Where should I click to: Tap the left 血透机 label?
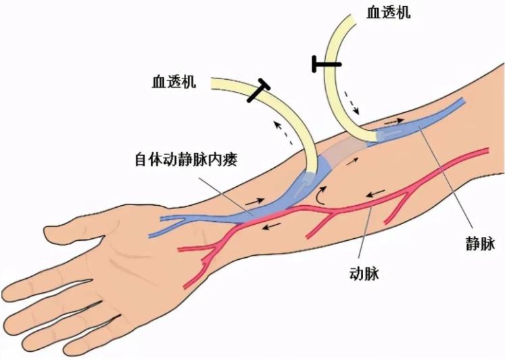(174, 83)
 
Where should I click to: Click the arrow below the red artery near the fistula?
(273, 227)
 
